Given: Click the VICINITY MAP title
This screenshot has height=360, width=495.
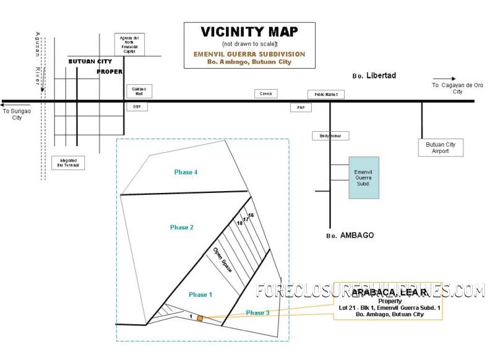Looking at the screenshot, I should (249, 32).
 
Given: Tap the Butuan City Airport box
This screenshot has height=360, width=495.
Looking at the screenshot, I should (441, 148).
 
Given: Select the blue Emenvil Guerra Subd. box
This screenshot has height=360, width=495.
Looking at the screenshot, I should (363, 177).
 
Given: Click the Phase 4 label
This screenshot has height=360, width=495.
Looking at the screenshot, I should (186, 172).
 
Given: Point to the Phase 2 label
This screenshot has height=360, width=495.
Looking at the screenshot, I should (182, 228).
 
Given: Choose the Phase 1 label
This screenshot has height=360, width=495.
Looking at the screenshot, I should (200, 294).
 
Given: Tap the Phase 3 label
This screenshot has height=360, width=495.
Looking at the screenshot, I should (257, 313).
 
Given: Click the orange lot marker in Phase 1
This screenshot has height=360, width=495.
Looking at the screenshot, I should (200, 318).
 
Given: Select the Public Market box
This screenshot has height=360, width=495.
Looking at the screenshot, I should (326, 95).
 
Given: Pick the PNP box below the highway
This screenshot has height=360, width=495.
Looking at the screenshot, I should (301, 108).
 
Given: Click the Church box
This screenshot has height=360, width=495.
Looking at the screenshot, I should (266, 93).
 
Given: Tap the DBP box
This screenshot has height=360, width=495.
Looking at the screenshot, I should (137, 106).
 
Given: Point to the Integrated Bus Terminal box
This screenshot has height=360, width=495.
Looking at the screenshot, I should (68, 163).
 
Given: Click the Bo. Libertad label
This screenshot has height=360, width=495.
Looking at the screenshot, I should (374, 75).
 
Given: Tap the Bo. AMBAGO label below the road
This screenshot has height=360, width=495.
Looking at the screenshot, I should (350, 236).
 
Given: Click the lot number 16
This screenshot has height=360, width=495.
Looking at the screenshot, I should (251, 215).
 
